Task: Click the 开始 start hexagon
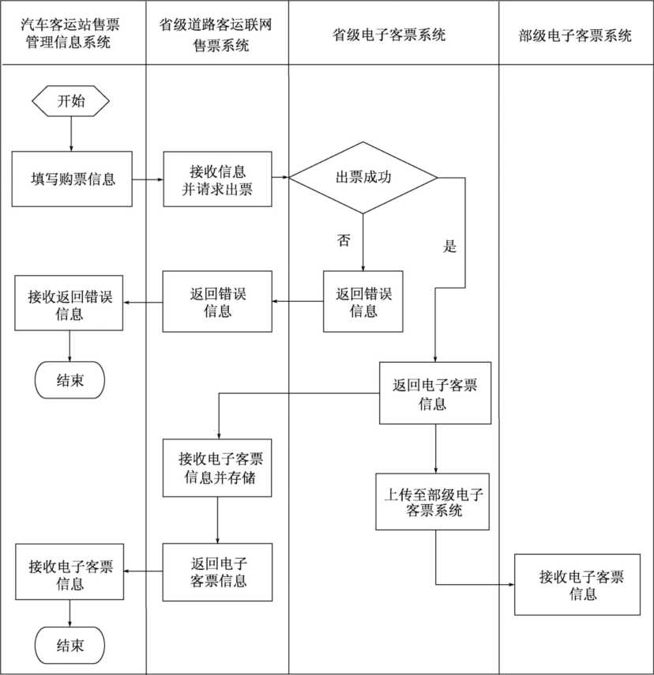pyautogui.click(x=71, y=101)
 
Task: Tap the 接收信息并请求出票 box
pyautogui.click(x=217, y=179)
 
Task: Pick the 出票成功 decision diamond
pyautogui.click(x=363, y=178)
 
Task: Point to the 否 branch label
pyautogui.click(x=344, y=240)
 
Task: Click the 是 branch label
pyautogui.click(x=450, y=246)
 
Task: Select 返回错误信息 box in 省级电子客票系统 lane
pyautogui.click(x=363, y=301)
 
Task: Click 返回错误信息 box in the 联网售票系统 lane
pyautogui.click(x=217, y=301)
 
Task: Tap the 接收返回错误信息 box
pyautogui.click(x=70, y=304)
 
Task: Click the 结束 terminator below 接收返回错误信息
pyautogui.click(x=70, y=380)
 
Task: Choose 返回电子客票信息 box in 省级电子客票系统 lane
pyautogui.click(x=434, y=394)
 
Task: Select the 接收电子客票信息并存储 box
pyautogui.click(x=217, y=468)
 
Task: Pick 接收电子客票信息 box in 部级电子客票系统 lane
pyautogui.click(x=577, y=585)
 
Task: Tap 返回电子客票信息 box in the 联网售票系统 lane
pyautogui.click(x=217, y=571)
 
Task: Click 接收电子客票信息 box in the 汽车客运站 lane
pyautogui.click(x=70, y=575)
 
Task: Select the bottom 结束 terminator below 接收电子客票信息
pyautogui.click(x=70, y=645)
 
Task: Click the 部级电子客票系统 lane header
pyautogui.click(x=576, y=35)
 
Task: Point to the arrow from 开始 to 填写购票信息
pyautogui.click(x=71, y=134)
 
